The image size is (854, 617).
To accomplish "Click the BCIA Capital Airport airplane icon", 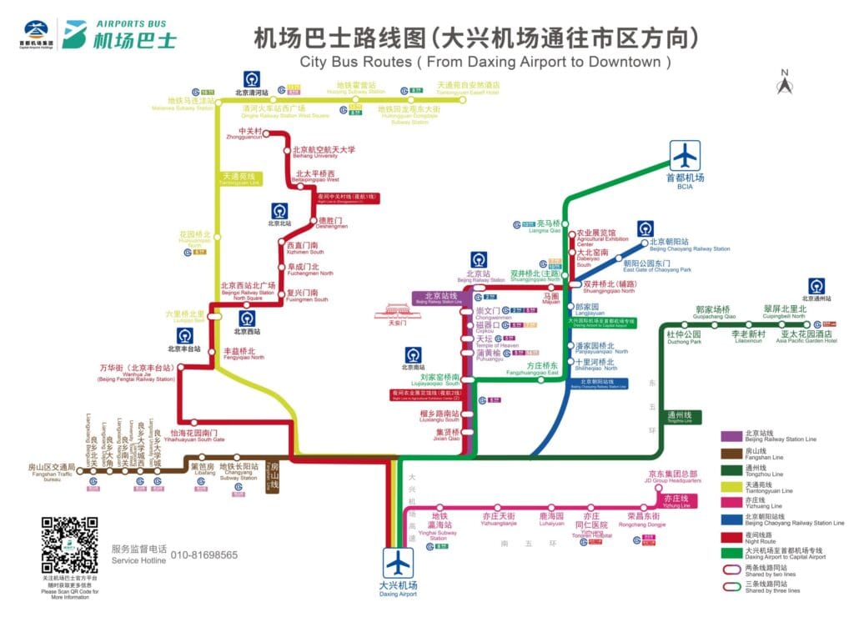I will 685,156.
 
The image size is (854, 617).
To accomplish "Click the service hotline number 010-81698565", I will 204,554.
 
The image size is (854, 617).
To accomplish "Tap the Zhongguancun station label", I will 250,134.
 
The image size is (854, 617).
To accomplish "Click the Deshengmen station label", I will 329,223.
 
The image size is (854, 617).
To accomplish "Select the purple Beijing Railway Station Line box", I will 437,298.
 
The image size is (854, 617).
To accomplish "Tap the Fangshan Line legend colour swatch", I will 731,453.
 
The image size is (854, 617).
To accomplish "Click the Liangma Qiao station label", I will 548,226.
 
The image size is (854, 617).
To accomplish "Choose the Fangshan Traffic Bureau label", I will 52,472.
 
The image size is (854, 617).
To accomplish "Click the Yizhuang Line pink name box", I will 676,501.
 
